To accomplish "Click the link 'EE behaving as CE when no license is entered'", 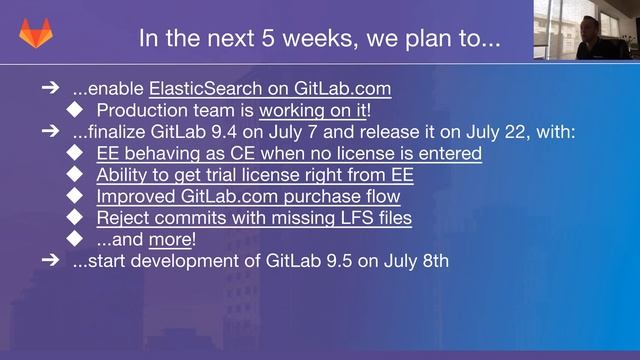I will [x=289, y=153].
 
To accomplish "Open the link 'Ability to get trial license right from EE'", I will [x=255, y=175].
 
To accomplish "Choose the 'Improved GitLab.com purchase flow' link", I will [x=248, y=196].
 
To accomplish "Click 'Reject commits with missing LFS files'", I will [x=254, y=218].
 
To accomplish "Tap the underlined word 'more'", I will [x=169, y=240].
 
